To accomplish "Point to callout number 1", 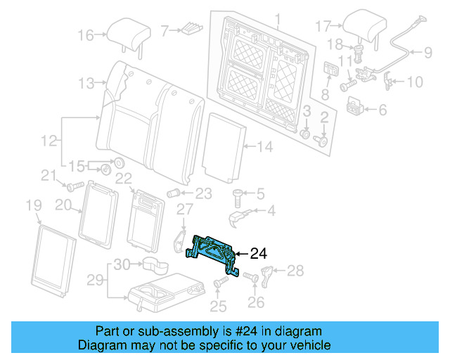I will [x=277, y=18].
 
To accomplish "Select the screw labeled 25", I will [x=219, y=283].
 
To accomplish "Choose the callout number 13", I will [x=86, y=84].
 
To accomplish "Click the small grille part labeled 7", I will [x=191, y=30].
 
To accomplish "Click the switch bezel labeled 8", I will [x=330, y=70].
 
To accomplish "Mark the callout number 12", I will [x=48, y=141].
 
